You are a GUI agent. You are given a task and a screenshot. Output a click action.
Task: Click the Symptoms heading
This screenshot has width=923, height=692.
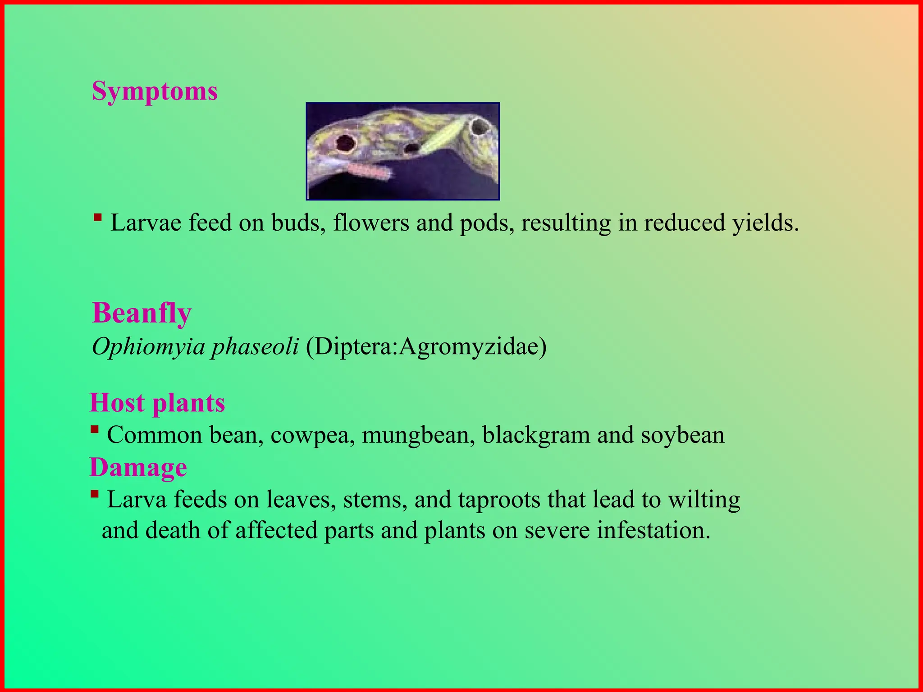tap(155, 91)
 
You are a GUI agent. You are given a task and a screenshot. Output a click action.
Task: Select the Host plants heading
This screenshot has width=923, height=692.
tap(157, 402)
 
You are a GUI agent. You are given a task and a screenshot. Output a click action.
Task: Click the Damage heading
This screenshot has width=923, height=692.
tap(138, 467)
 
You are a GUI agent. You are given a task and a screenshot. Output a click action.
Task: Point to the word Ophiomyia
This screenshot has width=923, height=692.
tap(148, 347)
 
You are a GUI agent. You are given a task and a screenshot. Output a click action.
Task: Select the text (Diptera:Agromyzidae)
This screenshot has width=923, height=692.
tap(426, 347)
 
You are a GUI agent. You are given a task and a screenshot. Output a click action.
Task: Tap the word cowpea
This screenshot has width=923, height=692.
tap(310, 436)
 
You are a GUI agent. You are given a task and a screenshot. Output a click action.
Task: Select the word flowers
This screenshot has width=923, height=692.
tap(370, 223)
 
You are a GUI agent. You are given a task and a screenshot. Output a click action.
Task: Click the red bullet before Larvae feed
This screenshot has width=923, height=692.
tap(97, 218)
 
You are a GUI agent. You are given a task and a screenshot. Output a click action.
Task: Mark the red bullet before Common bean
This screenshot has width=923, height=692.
tap(94, 429)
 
